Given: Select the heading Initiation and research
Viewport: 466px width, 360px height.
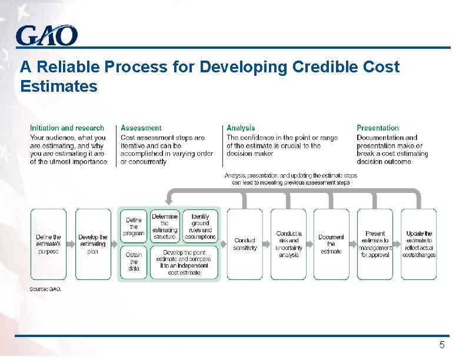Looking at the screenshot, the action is point(67,128).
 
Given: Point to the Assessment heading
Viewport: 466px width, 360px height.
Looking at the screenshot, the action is point(141,128).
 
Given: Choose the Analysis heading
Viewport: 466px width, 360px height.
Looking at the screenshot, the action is point(241,128).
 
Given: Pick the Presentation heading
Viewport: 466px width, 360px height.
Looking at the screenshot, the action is point(378,128).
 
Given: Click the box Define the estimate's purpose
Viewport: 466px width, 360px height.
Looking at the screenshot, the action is point(48,244).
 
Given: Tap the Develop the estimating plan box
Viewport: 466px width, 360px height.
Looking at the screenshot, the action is point(92,244).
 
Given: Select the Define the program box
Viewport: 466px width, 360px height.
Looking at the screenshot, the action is point(134,226).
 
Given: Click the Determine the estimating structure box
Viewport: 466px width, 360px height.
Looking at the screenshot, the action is point(165,226).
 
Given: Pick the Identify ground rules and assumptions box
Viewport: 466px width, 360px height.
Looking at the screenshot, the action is point(200,226).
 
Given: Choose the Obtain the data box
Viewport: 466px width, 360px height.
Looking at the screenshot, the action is point(134,262).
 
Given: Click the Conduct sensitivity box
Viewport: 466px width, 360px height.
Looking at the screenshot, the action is point(245,244).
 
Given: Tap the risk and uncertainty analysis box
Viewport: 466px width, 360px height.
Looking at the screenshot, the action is point(288,244).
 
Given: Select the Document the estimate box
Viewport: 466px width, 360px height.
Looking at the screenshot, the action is point(331,244).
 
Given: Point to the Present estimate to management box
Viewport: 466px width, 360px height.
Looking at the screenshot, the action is point(375,244).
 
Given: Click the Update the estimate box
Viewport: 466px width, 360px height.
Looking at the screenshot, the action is point(419,244).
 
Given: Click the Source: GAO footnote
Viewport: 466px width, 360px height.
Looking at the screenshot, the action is point(46,289).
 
